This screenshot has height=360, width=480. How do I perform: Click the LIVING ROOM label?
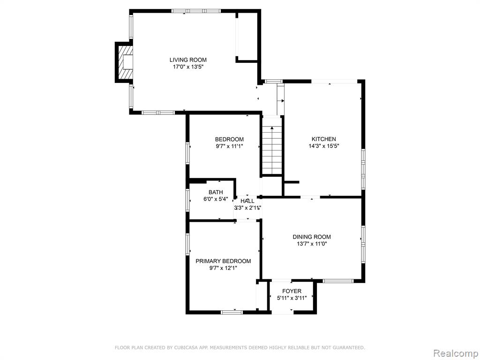click(x=188, y=60)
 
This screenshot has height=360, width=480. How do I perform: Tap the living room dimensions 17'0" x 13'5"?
click(x=188, y=67)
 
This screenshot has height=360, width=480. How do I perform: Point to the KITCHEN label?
click(x=323, y=139)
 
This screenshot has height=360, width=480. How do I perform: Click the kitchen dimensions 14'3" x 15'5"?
click(x=323, y=146)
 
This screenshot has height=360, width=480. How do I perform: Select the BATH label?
click(x=216, y=192)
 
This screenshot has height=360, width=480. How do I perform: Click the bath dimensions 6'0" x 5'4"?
click(x=216, y=199)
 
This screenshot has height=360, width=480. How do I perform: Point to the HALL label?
click(x=247, y=201)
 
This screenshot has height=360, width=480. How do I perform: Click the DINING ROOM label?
click(x=312, y=237)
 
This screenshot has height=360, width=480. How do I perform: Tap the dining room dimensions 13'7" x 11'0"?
click(x=312, y=244)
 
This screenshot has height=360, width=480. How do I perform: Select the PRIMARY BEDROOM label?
click(x=223, y=261)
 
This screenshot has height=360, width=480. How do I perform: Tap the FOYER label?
click(x=292, y=291)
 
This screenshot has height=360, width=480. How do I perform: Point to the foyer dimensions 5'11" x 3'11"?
click(x=292, y=298)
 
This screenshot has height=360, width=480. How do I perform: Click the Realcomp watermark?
click(x=455, y=353)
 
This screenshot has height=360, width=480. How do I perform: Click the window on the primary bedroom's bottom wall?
click(x=232, y=312)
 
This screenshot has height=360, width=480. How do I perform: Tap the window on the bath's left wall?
click(x=187, y=200)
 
